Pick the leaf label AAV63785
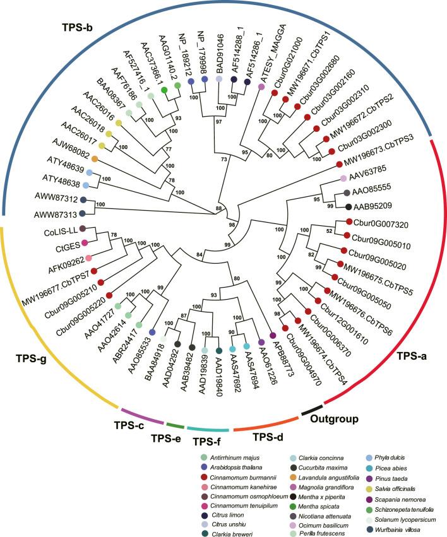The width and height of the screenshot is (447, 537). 366,178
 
